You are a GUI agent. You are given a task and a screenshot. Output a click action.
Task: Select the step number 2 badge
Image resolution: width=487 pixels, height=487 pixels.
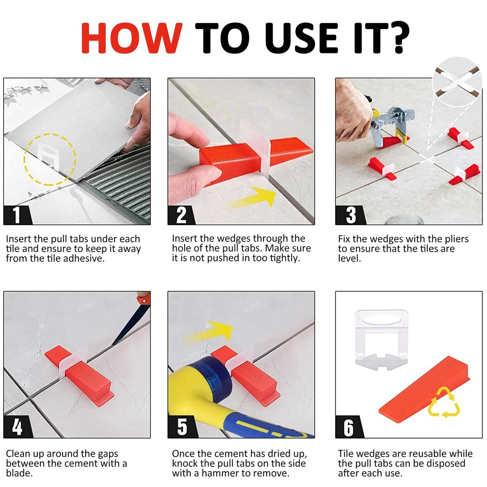[x=181, y=214]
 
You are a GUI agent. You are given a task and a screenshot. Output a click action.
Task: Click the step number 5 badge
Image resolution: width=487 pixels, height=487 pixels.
[x=181, y=427]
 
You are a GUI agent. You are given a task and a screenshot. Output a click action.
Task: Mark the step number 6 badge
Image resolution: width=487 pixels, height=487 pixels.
[x=349, y=427]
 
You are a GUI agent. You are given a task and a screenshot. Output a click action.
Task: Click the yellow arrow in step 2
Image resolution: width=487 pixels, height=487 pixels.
[x=254, y=198]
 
